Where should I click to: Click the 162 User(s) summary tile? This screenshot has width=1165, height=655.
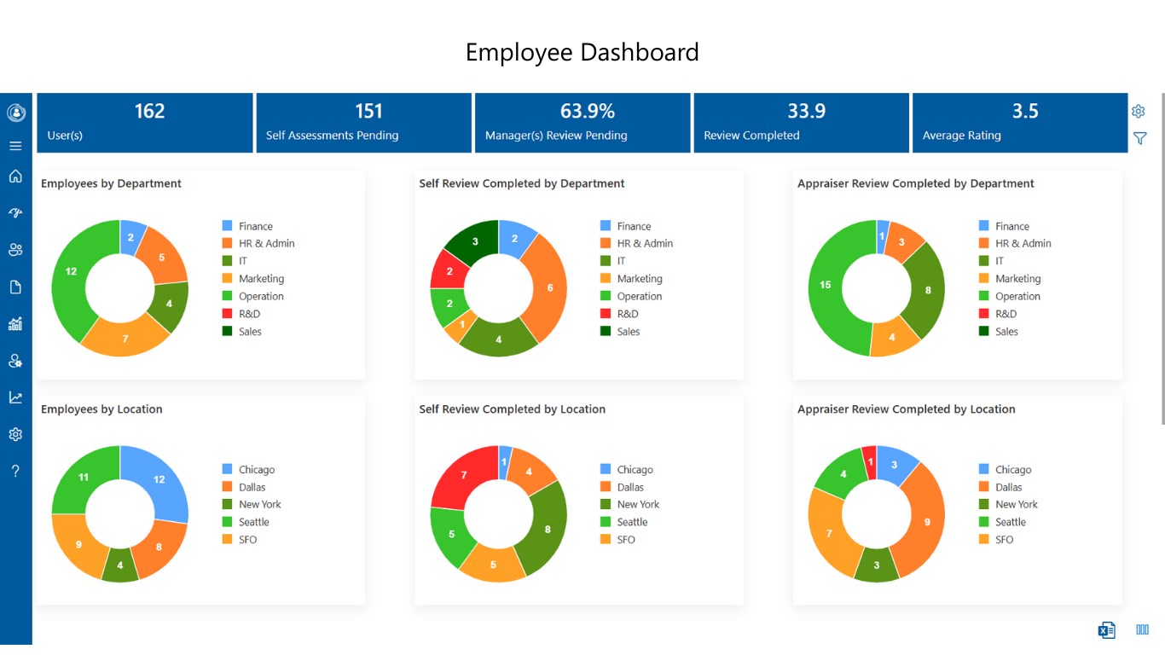point(145,123)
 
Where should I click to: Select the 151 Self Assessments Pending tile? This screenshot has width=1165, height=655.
point(363,123)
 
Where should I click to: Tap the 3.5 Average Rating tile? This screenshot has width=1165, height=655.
point(1020,123)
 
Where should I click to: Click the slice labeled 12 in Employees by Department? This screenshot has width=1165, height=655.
point(71,272)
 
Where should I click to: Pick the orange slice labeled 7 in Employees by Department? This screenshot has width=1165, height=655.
point(125,339)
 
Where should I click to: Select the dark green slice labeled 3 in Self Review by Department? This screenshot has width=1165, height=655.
point(475,241)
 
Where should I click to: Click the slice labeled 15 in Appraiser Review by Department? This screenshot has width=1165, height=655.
point(826,285)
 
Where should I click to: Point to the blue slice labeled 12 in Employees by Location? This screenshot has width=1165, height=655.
point(159,479)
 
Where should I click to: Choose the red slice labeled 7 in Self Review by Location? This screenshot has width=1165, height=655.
point(464,475)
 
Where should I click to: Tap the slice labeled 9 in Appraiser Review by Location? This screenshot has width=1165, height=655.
point(926,521)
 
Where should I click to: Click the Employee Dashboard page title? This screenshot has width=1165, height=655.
point(582,53)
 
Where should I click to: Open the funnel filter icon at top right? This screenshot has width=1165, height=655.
point(1139,138)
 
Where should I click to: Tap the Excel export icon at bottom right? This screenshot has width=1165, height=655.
point(1106,630)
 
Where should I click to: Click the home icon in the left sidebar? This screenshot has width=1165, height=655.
point(15,177)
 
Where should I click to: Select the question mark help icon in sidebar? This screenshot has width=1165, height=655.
point(15,471)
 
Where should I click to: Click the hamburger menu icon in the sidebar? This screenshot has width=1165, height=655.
point(15,146)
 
